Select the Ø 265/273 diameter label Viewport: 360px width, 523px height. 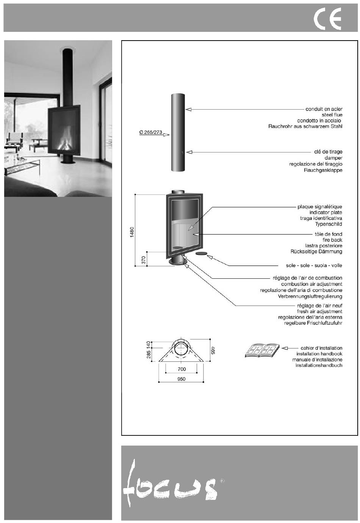[x=151, y=132]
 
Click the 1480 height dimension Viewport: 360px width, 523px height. [x=132, y=232]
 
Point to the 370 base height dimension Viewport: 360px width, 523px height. [x=144, y=260]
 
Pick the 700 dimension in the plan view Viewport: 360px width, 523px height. [x=182, y=369]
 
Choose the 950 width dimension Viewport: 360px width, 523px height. [x=181, y=379]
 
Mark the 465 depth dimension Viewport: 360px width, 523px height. [x=213, y=350]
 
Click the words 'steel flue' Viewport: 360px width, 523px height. [x=332, y=115]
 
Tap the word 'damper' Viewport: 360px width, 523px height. [x=333, y=158]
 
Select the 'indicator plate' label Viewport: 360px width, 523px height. [x=326, y=212]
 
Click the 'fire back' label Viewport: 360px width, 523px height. [x=332, y=240]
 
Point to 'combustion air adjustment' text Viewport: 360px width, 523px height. [x=312, y=284]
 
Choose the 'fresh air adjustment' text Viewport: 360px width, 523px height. [x=319, y=311]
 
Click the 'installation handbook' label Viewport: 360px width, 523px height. [x=319, y=354]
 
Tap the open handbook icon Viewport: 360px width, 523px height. [x=262, y=350]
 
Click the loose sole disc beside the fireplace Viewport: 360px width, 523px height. [x=201, y=253]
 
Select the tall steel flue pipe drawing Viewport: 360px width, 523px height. [x=178, y=132]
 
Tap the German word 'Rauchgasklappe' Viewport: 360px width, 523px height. [x=323, y=170]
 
